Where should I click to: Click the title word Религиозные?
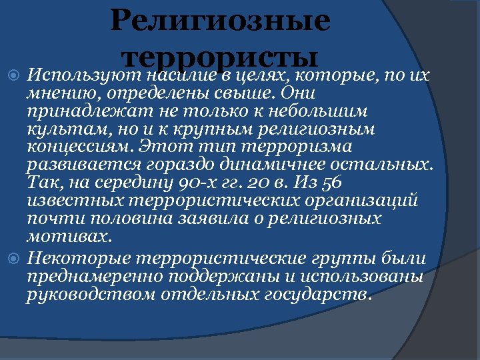[220, 20]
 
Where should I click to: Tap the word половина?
[114, 219]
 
